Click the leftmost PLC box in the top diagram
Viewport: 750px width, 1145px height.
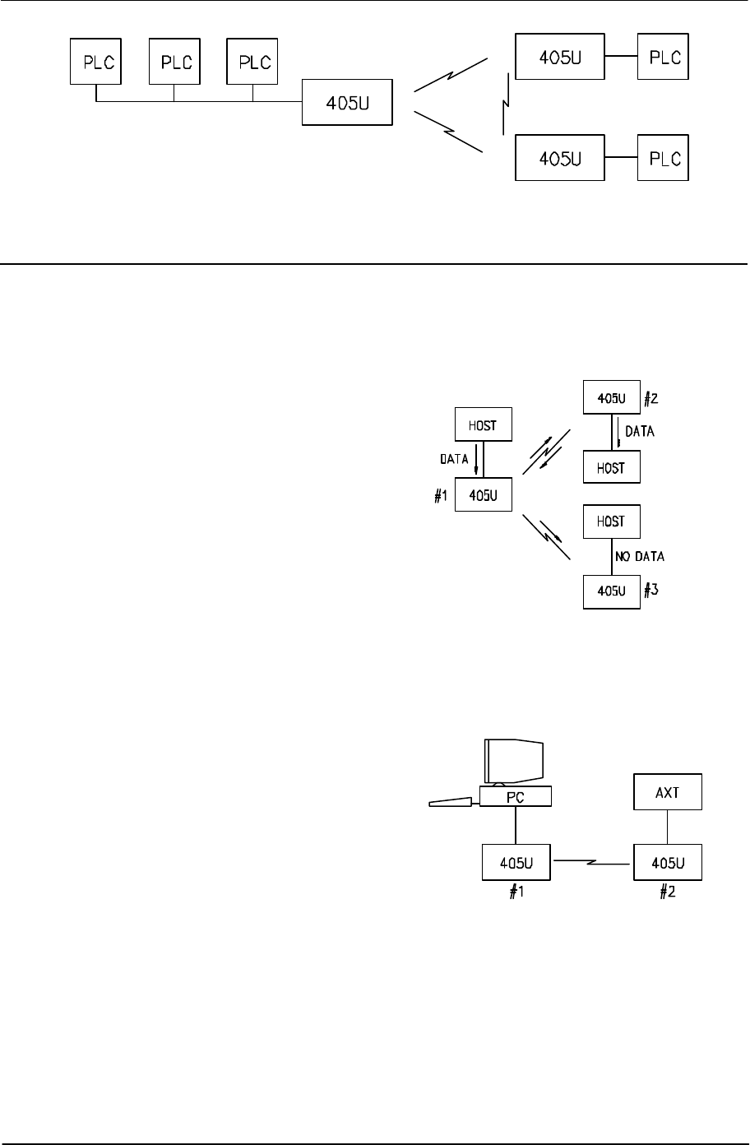click(96, 61)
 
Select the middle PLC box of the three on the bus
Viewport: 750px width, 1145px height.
click(174, 61)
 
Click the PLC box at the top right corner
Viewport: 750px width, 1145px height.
click(663, 58)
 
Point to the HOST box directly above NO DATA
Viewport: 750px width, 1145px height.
click(611, 522)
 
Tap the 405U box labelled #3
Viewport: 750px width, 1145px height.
click(611, 591)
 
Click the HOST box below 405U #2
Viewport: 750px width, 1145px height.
click(611, 467)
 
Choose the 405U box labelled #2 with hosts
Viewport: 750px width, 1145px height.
click(611, 399)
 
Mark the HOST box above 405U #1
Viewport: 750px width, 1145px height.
click(484, 425)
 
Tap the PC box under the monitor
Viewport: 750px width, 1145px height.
click(515, 796)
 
